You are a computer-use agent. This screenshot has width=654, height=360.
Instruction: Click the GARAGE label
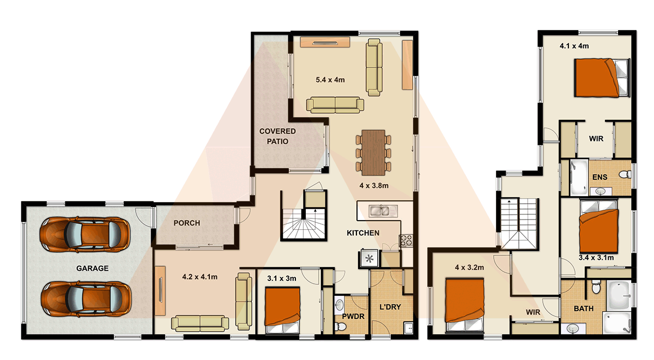click(92, 269)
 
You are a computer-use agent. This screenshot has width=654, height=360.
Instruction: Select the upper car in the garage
click(85, 234)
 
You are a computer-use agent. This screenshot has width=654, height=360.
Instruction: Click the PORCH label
click(186, 223)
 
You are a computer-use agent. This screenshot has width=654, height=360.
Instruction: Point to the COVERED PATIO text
click(277, 136)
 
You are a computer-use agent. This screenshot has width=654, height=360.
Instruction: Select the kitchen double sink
click(378, 210)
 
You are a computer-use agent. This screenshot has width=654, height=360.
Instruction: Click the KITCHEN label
click(363, 233)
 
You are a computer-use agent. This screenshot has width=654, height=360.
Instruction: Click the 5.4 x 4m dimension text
click(330, 80)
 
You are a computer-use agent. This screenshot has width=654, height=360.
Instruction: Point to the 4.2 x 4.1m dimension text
click(199, 277)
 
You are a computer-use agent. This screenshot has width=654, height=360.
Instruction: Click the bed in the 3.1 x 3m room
click(282, 308)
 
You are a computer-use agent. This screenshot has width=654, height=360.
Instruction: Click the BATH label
click(584, 309)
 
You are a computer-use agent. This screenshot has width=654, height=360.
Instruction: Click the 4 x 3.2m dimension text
click(469, 267)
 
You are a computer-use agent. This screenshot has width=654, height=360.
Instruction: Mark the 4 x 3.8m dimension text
click(373, 185)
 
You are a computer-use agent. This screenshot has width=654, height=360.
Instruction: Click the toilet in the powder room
click(341, 325)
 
